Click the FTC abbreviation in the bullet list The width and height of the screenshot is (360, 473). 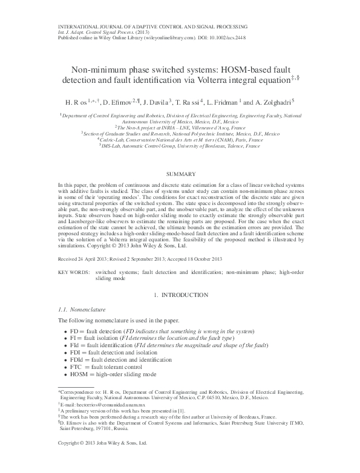pyautogui.click(x=77, y=367)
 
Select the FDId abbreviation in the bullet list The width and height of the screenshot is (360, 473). pyautogui.click(x=78, y=359)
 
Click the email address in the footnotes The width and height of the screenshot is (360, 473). pyautogui.click(x=96, y=406)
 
